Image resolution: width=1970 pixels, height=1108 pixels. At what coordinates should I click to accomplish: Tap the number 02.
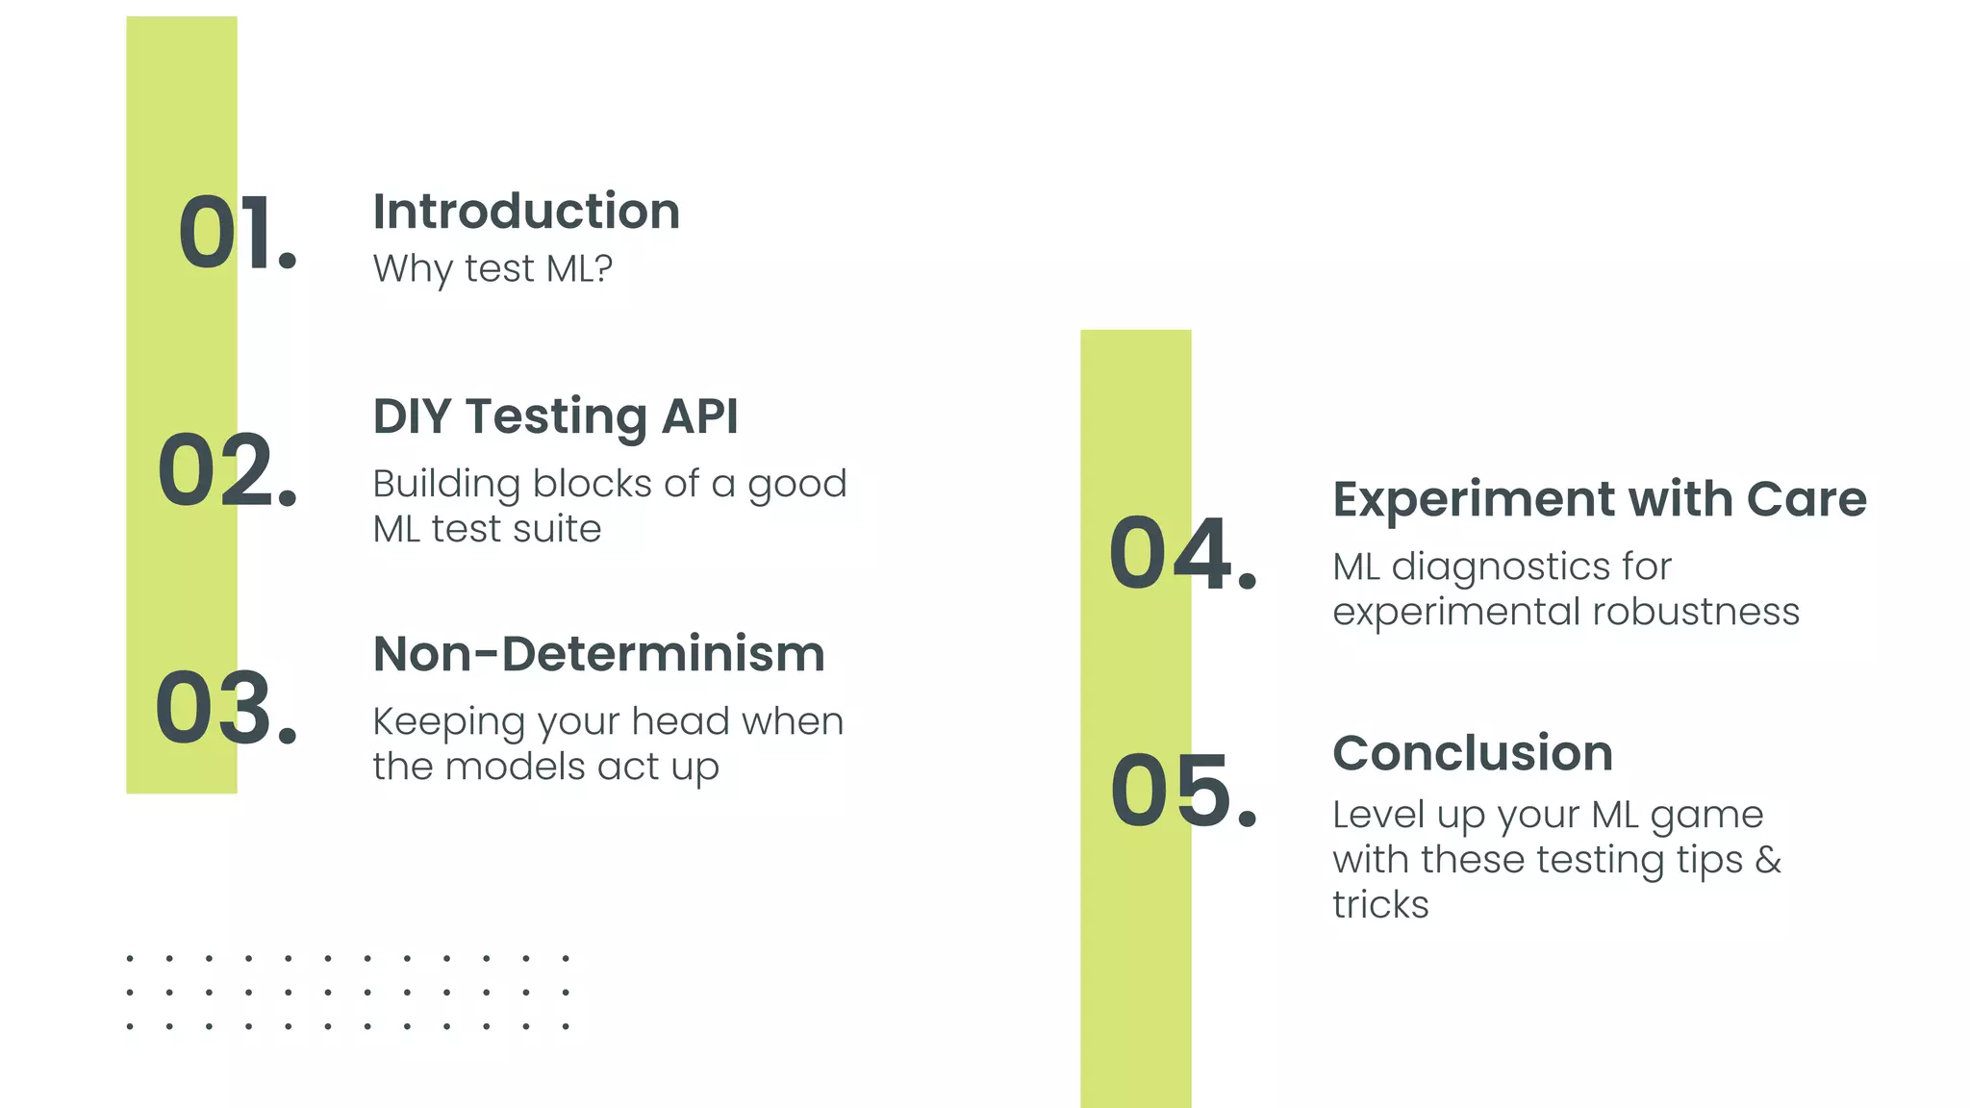[227, 470]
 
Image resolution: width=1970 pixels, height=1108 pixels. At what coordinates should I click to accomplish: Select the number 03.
[226, 709]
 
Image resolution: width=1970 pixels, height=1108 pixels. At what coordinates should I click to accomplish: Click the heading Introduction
[526, 212]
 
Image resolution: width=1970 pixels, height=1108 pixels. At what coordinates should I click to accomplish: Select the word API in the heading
[699, 416]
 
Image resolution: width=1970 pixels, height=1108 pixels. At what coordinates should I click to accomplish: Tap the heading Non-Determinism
[598, 654]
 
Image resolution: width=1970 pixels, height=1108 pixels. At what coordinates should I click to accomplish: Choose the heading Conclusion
[1473, 752]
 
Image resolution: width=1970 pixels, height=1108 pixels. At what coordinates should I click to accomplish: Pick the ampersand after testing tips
[1768, 859]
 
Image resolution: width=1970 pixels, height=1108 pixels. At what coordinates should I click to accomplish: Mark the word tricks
[1380, 904]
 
